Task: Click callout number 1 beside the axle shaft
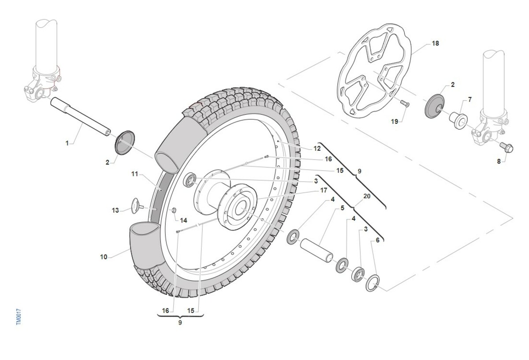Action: (67, 143)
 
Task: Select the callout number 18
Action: (436, 44)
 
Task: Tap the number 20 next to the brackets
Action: (367, 197)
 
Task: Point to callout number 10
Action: (104, 257)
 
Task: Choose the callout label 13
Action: (115, 211)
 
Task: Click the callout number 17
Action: (324, 191)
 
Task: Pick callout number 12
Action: (317, 149)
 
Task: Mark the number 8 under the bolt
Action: (499, 161)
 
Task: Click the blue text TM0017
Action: (19, 317)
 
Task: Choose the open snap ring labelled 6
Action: (372, 283)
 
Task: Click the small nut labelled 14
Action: (174, 209)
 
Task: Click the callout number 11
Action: (134, 174)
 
